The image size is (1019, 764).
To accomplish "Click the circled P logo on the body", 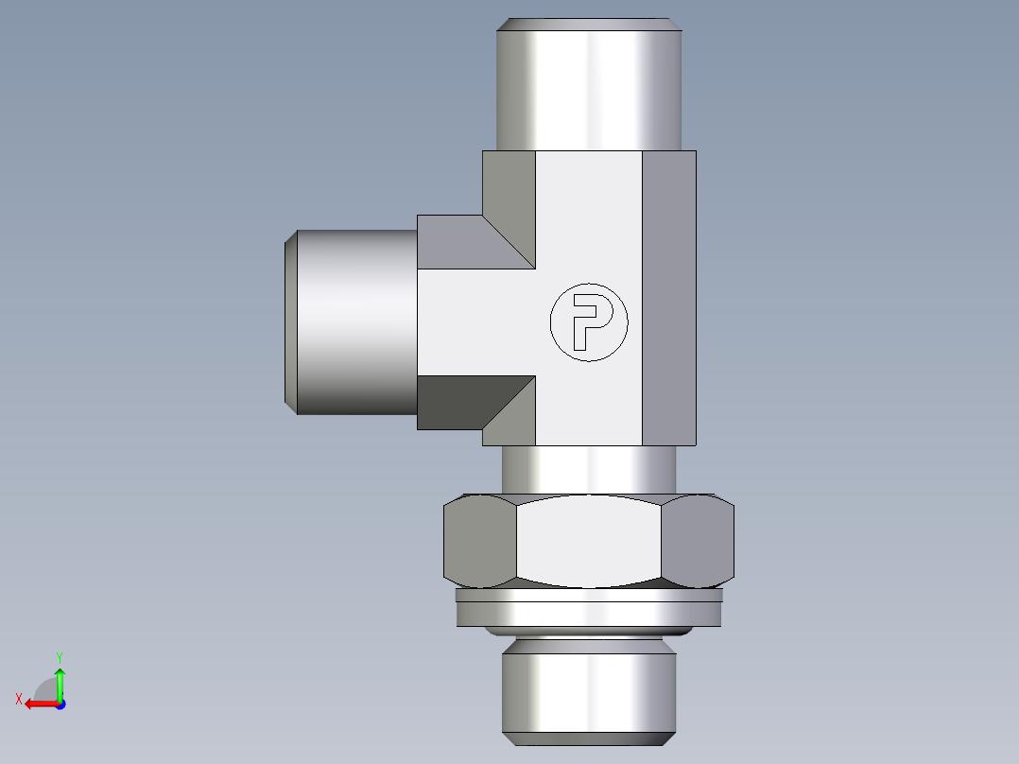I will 589,321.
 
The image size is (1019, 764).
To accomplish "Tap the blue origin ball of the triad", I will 60,703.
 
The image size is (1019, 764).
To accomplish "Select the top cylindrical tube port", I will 589,90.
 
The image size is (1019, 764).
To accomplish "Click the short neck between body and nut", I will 589,468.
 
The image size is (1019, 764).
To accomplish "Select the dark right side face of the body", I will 669,298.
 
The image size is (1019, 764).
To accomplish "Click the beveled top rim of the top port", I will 589,24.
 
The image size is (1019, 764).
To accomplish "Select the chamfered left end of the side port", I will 291,321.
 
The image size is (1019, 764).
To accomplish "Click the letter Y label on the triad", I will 60,656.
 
